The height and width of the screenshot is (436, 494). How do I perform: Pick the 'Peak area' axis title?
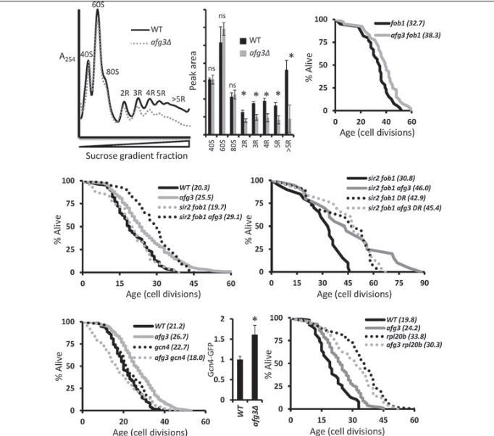(x=193, y=75)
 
